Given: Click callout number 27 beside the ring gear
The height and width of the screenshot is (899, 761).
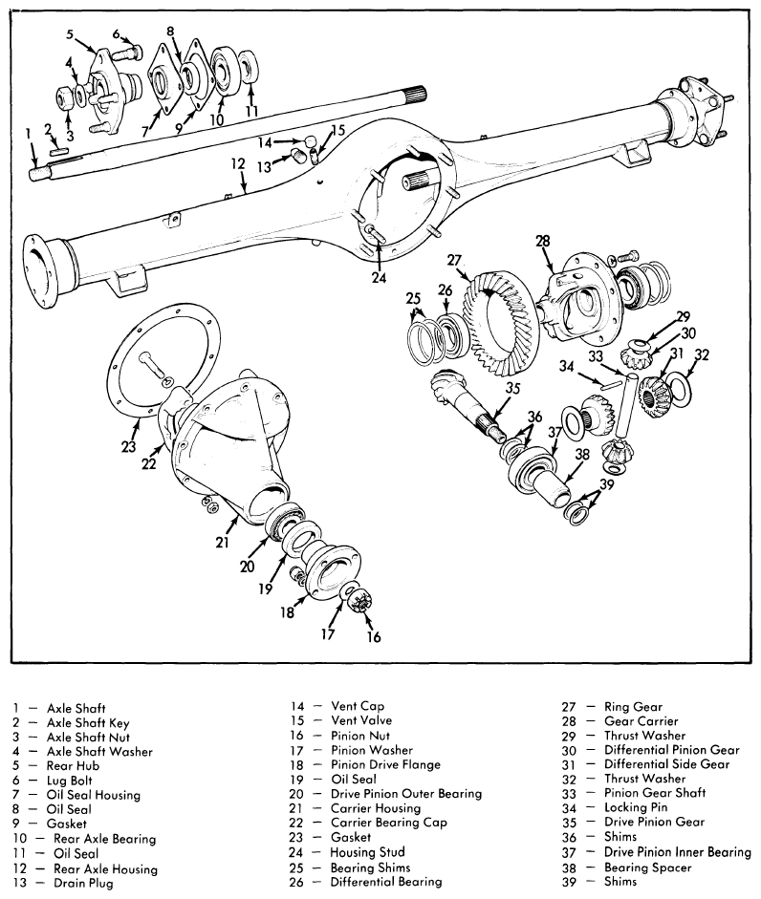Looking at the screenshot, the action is click(x=454, y=260).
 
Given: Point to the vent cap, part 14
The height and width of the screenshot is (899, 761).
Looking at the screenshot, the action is click(x=310, y=141).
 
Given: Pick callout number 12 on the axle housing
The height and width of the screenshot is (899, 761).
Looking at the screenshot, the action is click(x=238, y=164).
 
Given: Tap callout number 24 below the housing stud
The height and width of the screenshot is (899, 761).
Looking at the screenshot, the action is click(x=379, y=277).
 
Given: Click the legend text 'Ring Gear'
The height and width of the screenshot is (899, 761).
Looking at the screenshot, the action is click(x=633, y=707).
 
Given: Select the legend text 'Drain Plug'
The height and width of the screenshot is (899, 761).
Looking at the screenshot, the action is click(x=83, y=883).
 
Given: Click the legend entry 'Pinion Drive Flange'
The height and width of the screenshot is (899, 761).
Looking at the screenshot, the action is click(x=385, y=765).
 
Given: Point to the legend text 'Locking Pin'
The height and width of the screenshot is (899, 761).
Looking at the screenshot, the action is click(x=636, y=808).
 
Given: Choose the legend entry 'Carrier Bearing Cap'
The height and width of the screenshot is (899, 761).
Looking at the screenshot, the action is click(x=388, y=823).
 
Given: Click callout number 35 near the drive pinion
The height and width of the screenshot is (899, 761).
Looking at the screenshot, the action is click(x=511, y=389).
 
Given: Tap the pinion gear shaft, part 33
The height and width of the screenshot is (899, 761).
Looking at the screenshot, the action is click(x=627, y=403).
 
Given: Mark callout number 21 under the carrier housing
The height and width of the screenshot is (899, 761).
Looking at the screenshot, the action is click(x=222, y=542).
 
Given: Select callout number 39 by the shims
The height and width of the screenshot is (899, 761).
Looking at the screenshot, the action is click(x=606, y=484).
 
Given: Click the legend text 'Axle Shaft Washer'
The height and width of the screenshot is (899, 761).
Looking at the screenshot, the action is click(x=99, y=752).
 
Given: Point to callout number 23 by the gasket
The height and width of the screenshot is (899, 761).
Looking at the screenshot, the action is click(x=128, y=446).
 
